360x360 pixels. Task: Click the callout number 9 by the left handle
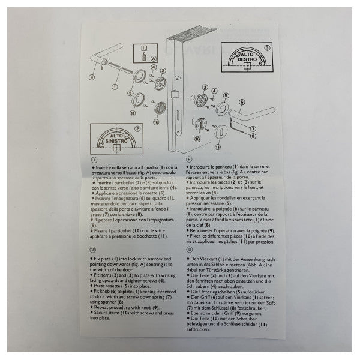coord(91,77)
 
